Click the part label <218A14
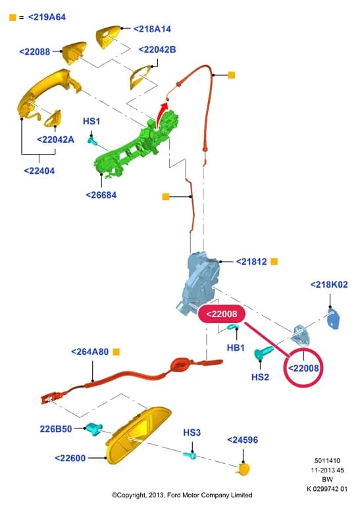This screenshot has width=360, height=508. [x=152, y=29]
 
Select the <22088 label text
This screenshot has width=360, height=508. [x=35, y=51]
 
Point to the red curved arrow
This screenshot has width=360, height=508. [x=162, y=113]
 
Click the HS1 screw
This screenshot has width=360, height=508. [x=93, y=141]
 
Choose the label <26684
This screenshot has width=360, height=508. [x=101, y=195]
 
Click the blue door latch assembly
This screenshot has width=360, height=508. [x=197, y=282]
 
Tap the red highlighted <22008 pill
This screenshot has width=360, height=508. [x=222, y=314]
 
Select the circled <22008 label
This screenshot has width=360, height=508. [x=303, y=368]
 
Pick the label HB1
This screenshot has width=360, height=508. [x=236, y=347]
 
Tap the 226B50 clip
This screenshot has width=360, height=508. [x=93, y=428]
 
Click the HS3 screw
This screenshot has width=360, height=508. [x=190, y=455]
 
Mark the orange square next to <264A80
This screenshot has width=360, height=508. [x=116, y=352]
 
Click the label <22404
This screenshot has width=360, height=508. [x=39, y=170]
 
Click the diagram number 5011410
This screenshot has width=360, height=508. [x=327, y=461]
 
